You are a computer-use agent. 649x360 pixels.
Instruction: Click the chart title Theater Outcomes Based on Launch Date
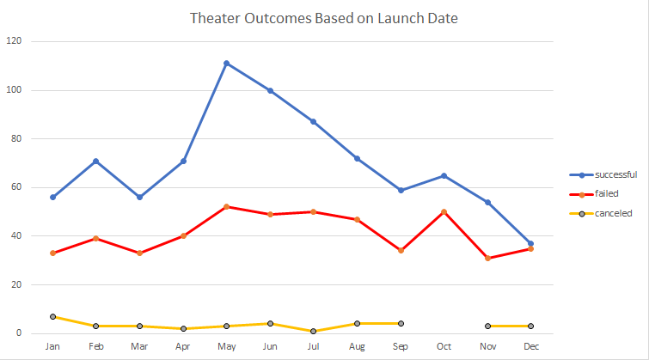coord(323,18)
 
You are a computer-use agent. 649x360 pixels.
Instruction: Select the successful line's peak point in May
coord(226,63)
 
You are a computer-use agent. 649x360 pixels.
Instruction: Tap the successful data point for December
coord(530,243)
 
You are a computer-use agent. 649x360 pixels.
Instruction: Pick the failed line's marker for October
coord(444,211)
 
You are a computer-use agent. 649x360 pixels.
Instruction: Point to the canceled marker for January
coord(52,316)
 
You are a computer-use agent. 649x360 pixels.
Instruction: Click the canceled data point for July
coord(313,331)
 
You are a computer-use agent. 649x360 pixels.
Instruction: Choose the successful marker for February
coord(96,161)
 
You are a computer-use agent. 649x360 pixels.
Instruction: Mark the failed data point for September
coord(401,250)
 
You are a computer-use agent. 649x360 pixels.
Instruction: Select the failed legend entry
coord(602,193)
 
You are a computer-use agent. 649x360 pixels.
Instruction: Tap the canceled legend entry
coord(607,213)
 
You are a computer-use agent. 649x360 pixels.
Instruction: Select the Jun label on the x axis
coord(270,346)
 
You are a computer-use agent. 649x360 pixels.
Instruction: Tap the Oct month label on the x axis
coord(444,346)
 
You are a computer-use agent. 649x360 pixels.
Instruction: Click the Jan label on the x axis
coord(52,346)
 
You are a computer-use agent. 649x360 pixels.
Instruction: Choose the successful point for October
coord(444,175)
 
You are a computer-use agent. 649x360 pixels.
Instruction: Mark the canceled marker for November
coord(487,326)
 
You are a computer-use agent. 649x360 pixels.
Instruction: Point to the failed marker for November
coord(487,258)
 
